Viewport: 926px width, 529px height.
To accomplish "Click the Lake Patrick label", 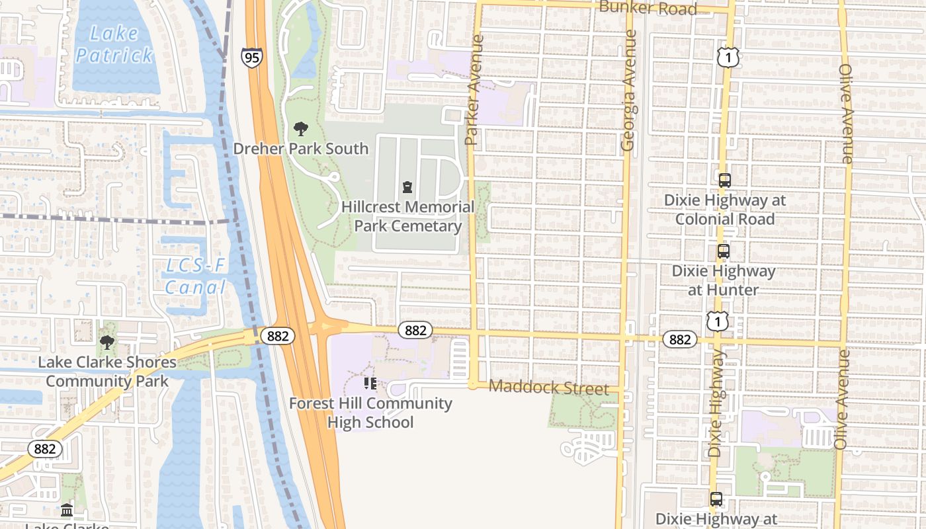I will pyautogui.click(x=114, y=44).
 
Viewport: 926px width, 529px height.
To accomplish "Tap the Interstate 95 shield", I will pyautogui.click(x=251, y=58).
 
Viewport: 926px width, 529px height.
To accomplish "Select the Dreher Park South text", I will pyautogui.click(x=300, y=148).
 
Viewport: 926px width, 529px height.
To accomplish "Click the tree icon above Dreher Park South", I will pyautogui.click(x=301, y=129).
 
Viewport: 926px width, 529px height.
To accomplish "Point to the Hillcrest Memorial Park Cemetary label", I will pyautogui.click(x=407, y=216).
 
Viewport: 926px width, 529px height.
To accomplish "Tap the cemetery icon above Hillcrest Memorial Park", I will pyautogui.click(x=407, y=188).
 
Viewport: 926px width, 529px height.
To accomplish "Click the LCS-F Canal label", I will pyautogui.click(x=195, y=277).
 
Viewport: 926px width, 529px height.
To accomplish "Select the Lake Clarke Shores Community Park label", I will pyautogui.click(x=107, y=372).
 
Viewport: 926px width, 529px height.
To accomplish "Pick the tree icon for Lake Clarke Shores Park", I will pyautogui.click(x=106, y=343).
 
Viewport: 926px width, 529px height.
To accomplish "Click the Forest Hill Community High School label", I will pyautogui.click(x=370, y=413).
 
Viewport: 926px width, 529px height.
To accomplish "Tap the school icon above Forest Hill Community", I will pyautogui.click(x=370, y=384).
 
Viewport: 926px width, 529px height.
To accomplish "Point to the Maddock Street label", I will pyautogui.click(x=548, y=387).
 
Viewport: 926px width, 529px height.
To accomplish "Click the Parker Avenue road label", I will pyautogui.click(x=474, y=91).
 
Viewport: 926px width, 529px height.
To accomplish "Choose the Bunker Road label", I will pyautogui.click(x=648, y=9).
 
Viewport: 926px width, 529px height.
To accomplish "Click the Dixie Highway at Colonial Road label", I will pyautogui.click(x=725, y=210).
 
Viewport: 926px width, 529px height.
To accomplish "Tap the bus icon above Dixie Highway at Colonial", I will pyautogui.click(x=724, y=180).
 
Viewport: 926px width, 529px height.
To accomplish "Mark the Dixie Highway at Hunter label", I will pyautogui.click(x=724, y=280).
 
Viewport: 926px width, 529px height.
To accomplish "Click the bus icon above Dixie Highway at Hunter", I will pyautogui.click(x=723, y=251).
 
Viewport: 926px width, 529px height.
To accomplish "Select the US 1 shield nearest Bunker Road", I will pyautogui.click(x=728, y=58).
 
